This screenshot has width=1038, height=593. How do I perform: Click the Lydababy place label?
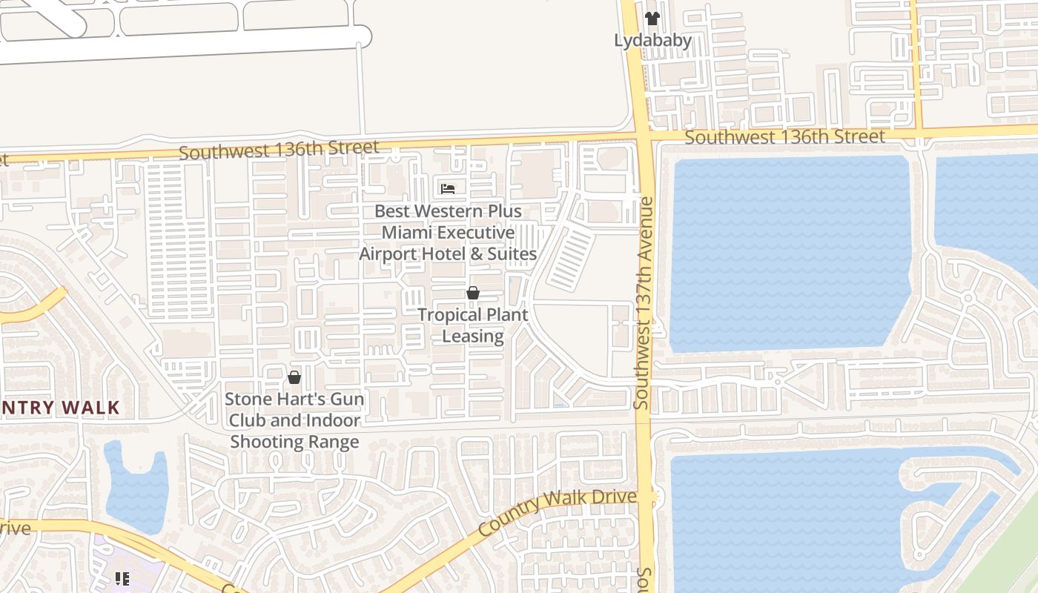click(x=652, y=40)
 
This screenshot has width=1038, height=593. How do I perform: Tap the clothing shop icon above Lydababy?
click(x=652, y=19)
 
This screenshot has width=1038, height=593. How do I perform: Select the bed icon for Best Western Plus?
click(x=448, y=188)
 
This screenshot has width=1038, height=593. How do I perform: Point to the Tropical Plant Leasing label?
click(x=473, y=325)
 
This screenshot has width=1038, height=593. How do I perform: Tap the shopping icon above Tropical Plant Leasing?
click(x=473, y=294)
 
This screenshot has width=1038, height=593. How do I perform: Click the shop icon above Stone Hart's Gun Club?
click(x=294, y=378)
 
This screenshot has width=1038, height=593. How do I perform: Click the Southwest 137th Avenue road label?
click(x=643, y=302)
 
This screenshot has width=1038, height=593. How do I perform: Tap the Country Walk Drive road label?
click(x=558, y=512)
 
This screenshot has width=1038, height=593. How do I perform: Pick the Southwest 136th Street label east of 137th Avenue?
click(x=784, y=137)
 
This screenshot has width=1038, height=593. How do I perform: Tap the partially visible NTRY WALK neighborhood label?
click(x=59, y=408)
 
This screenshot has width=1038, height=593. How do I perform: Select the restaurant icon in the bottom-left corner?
click(x=122, y=578)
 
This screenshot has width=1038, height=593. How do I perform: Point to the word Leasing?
click(x=473, y=336)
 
